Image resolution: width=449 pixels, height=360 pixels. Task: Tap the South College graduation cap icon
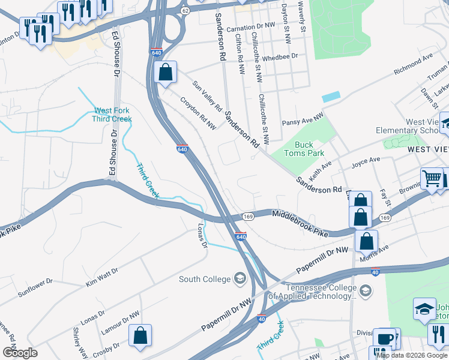coord(240,278)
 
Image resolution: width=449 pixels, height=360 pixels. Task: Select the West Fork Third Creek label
coord(112,115)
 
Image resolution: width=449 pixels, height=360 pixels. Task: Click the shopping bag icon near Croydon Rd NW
coord(166,73)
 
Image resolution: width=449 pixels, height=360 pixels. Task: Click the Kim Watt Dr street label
coord(101,275)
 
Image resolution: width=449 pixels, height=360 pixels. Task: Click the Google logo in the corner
coord(20,353)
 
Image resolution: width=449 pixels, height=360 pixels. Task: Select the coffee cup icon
coord(384,338)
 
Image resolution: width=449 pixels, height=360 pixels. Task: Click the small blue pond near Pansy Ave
coord(331,97)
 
